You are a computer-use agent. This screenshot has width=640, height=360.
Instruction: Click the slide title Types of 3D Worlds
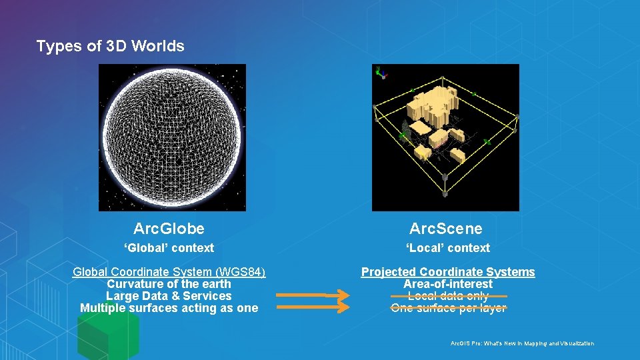110,46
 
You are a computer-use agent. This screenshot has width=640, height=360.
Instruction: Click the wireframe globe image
172,137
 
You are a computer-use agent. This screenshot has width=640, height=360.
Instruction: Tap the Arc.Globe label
169,229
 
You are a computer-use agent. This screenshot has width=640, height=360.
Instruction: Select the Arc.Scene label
445,229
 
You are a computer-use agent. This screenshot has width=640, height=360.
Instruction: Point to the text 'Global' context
169,248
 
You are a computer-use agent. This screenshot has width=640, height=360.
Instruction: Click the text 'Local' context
448,248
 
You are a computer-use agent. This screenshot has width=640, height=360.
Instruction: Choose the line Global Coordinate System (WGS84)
169,272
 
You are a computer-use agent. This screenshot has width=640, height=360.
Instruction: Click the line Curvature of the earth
169,284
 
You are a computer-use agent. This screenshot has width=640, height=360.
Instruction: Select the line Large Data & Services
169,296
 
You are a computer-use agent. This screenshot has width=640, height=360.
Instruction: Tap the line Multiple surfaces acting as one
169,308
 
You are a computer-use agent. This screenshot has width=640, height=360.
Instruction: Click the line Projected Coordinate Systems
448,272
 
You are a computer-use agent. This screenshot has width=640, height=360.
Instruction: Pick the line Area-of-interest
448,284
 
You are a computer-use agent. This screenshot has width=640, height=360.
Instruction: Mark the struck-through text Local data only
448,296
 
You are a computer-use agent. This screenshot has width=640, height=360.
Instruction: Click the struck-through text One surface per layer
448,308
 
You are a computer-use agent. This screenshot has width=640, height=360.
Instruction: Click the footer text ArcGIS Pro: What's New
522,343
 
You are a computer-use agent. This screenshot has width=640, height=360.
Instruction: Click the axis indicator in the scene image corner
381,72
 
